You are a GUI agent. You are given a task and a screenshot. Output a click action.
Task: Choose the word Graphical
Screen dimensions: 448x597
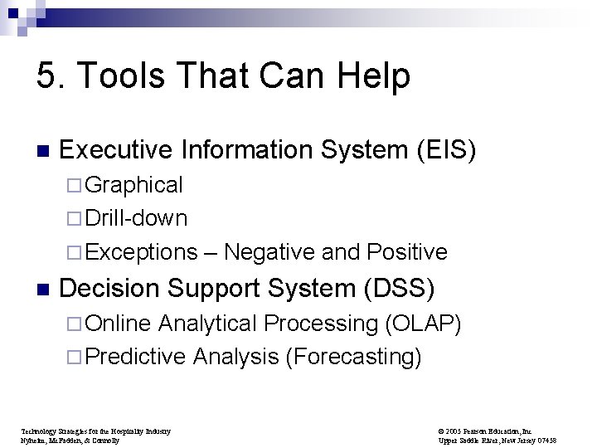coord(133,184)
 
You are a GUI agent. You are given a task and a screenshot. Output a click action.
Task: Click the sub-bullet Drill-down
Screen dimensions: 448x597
coord(136,218)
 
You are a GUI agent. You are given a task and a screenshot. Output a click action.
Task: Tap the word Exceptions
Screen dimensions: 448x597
coord(141,252)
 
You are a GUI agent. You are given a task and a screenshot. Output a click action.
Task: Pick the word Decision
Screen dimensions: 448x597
coord(111,289)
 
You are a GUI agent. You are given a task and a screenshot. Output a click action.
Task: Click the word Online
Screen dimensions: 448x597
coord(118,323)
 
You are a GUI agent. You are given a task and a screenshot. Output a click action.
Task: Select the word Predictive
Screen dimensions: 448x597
coord(136,357)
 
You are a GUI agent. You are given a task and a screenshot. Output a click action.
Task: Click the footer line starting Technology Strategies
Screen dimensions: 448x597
coord(95,431)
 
